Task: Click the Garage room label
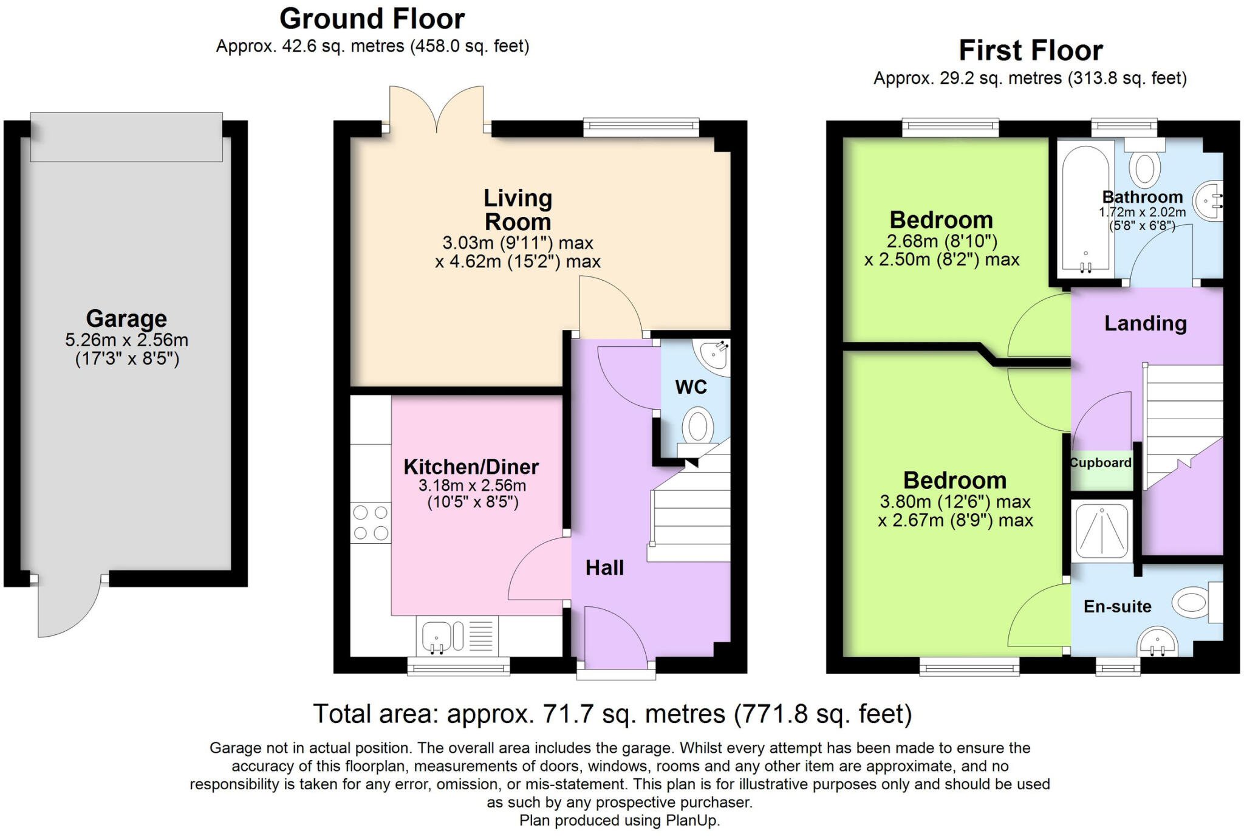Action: point(126,318)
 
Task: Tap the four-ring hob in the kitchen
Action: point(371,522)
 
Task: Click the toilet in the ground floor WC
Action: point(697,427)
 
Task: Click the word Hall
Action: point(604,568)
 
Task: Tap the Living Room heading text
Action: point(518,210)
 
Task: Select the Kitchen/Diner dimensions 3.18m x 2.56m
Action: point(472,485)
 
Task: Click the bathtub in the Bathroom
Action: point(1086,207)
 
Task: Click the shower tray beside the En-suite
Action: point(1102,531)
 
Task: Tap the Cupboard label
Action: point(1101,463)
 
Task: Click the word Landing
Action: point(1145,323)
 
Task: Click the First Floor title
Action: point(1030,50)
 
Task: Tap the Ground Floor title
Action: point(372,19)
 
